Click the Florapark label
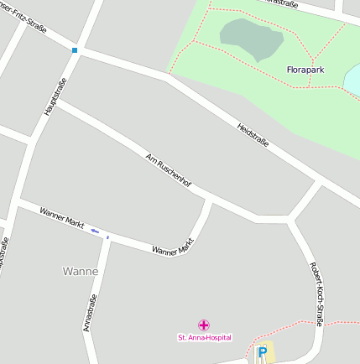tap(305, 70)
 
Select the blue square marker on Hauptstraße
tap(75, 50)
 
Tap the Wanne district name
tap(81, 271)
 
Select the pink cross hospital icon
tap(204, 325)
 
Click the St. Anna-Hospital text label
tap(204, 337)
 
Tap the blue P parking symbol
tap(262, 352)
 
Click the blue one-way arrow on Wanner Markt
tap(95, 231)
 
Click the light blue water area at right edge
tap(353, 81)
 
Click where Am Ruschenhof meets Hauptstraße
tap(56, 101)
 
